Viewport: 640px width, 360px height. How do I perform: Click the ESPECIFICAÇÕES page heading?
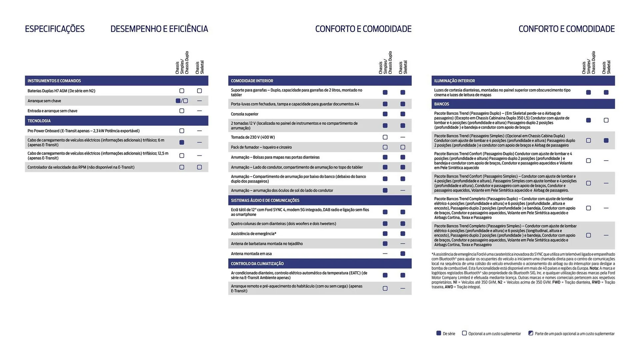click(x=55, y=29)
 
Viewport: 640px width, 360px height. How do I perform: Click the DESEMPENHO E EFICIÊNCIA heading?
click(x=159, y=29)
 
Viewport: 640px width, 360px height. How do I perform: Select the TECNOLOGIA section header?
click(x=39, y=121)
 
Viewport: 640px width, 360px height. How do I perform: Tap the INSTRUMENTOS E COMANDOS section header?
click(x=54, y=81)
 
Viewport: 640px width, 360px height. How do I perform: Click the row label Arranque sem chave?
click(x=44, y=101)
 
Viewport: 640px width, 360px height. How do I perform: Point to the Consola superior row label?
click(x=244, y=114)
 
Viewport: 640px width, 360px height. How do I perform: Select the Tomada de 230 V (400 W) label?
click(x=253, y=137)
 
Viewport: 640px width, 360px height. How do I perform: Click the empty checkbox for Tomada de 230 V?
click(x=385, y=137)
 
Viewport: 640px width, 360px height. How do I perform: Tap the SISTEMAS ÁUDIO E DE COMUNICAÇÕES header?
click(x=265, y=200)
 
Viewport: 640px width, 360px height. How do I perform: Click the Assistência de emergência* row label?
click(x=253, y=234)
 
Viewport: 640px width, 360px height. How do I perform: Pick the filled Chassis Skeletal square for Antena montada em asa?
click(x=403, y=254)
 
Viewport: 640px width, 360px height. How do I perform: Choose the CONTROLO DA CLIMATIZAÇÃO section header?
click(x=257, y=264)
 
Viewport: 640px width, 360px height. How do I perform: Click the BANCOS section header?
click(x=441, y=104)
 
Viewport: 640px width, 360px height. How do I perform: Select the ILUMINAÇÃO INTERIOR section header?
click(x=454, y=81)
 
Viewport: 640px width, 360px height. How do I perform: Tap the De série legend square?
click(x=439, y=333)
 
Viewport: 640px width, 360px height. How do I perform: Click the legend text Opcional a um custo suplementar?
click(x=494, y=334)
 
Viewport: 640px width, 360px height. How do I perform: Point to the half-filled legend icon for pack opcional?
click(x=531, y=333)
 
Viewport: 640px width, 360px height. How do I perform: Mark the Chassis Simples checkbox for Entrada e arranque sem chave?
click(x=182, y=111)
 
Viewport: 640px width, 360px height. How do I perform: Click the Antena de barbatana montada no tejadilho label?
click(x=267, y=244)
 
